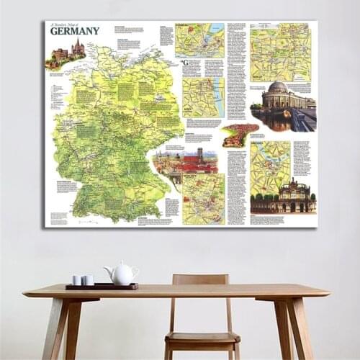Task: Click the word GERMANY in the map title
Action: (75, 30)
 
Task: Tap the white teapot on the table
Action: (122, 274)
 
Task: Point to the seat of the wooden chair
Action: (202, 338)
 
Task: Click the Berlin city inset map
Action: (281, 53)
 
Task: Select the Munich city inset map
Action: (204, 198)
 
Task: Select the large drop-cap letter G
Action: (185, 63)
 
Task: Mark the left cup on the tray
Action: (77, 280)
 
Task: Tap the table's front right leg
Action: (286, 328)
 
